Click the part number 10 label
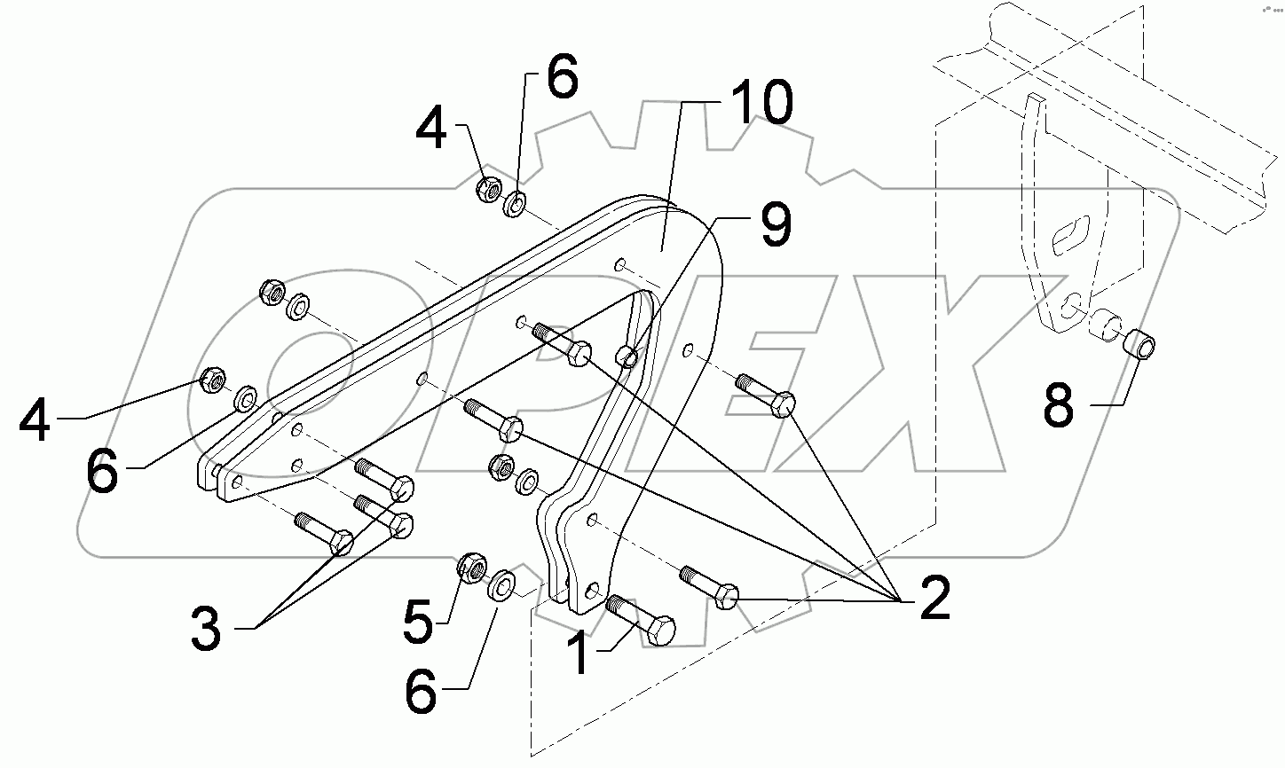click(x=761, y=105)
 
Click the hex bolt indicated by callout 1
click(x=642, y=619)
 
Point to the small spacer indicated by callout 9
click(x=627, y=357)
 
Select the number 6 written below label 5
click(x=421, y=693)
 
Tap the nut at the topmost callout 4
click(x=487, y=188)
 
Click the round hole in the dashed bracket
click(x=1072, y=304)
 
